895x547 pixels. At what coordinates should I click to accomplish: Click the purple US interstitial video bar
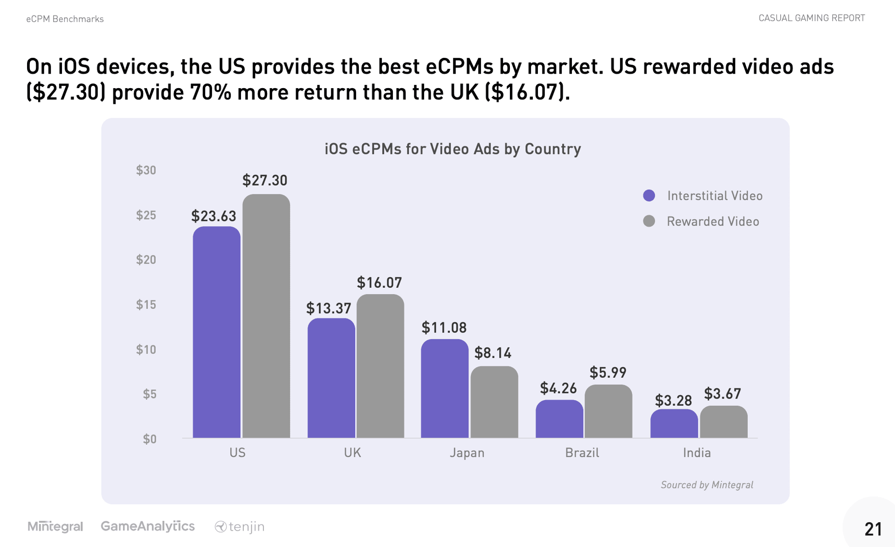217,332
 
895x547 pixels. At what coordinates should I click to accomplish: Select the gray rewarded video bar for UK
380,366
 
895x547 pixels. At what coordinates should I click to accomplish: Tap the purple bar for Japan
445,388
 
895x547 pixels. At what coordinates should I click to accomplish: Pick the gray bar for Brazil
608,411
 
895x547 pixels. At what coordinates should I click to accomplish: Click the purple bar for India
674,423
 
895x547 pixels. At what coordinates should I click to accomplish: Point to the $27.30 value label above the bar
265,180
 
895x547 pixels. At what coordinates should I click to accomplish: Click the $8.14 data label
493,353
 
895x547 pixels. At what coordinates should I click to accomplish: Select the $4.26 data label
558,388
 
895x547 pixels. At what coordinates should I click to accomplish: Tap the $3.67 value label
722,394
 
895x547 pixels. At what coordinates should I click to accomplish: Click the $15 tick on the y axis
146,305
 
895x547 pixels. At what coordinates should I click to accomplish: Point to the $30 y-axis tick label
146,170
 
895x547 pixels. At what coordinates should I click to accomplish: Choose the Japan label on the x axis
467,453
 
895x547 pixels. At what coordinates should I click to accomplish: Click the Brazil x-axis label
582,453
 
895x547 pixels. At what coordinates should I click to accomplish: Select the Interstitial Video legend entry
714,196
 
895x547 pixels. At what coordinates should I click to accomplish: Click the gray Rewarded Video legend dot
649,221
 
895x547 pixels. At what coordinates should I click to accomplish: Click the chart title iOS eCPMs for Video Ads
452,149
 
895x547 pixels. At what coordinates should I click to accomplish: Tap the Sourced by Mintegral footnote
707,485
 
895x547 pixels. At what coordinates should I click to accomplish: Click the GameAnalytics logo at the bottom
148,526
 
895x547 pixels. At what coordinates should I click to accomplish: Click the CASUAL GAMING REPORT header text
812,18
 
